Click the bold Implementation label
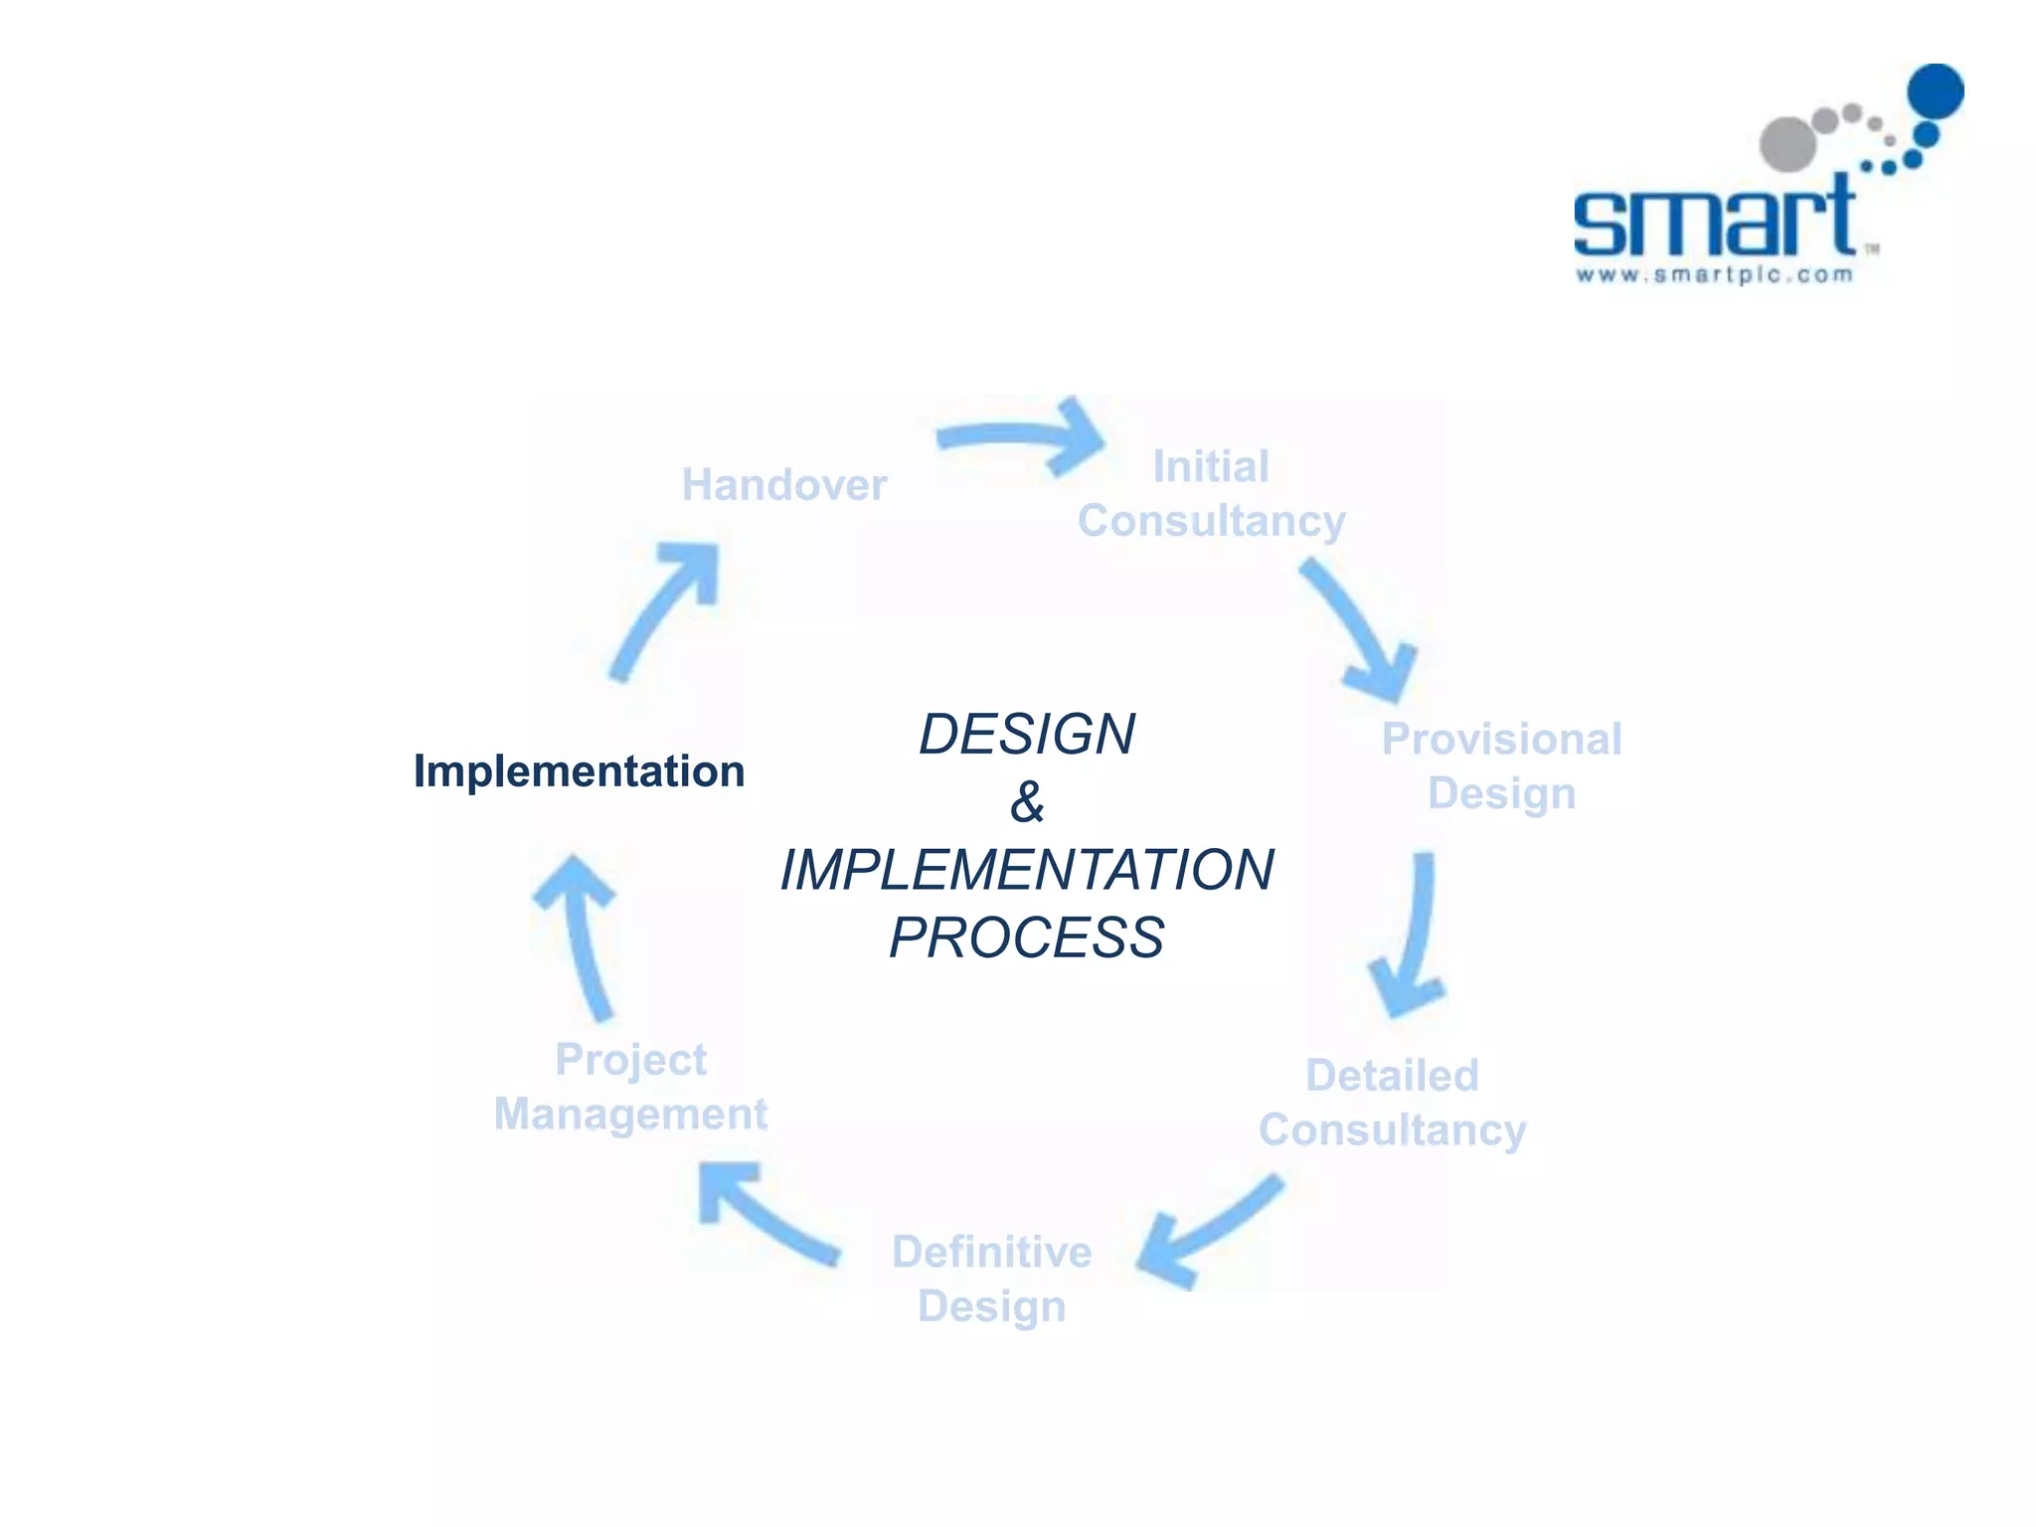[579, 771]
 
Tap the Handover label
[783, 485]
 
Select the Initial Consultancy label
[1211, 494]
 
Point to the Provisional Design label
[1501, 766]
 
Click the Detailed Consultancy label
[1392, 1103]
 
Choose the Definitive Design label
[991, 1278]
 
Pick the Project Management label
[630, 1087]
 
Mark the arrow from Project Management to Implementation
[583, 934]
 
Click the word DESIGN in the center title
[1026, 735]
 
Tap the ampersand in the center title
[1027, 802]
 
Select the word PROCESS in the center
[1026, 937]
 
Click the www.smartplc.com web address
[1715, 275]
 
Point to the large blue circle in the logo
[1935, 92]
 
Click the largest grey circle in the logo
[1788, 144]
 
